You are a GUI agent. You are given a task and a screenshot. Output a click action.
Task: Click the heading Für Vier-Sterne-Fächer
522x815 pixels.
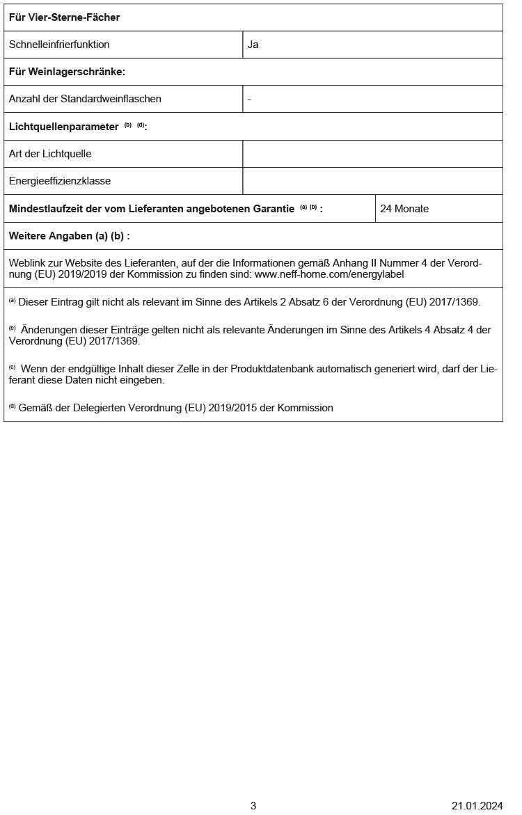pos(64,17)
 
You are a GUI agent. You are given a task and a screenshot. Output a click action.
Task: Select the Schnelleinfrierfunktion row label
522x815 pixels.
pos(59,45)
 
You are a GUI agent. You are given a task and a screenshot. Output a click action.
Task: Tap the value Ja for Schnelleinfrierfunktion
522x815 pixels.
pos(253,45)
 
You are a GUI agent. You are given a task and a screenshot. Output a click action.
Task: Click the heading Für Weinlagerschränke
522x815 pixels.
pos(67,72)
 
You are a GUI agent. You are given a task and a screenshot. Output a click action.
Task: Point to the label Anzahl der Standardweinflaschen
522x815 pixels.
pos(85,99)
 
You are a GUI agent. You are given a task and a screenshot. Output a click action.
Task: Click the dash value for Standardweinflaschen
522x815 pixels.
pos(249,99)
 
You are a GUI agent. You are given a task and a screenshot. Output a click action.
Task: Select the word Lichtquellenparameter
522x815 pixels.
pos(63,127)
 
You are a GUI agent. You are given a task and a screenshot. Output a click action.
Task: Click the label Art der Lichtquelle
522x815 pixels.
pos(50,154)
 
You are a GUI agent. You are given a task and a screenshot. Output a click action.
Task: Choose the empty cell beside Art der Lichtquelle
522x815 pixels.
pos(372,154)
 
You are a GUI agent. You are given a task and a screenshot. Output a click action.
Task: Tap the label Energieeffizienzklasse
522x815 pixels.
pos(60,181)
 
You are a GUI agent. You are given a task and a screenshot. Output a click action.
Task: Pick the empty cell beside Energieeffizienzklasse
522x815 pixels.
pos(372,181)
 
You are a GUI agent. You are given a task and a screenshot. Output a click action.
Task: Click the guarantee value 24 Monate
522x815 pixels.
pos(404,209)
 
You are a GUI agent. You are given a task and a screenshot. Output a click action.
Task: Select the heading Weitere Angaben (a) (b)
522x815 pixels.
pos(69,236)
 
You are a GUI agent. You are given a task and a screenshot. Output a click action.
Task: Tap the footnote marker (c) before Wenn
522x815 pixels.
pos(12,367)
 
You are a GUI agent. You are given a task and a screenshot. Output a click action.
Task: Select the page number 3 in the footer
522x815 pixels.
pos(253,806)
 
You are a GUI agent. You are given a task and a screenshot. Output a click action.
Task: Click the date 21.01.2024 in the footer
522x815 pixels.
pos(477,806)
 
